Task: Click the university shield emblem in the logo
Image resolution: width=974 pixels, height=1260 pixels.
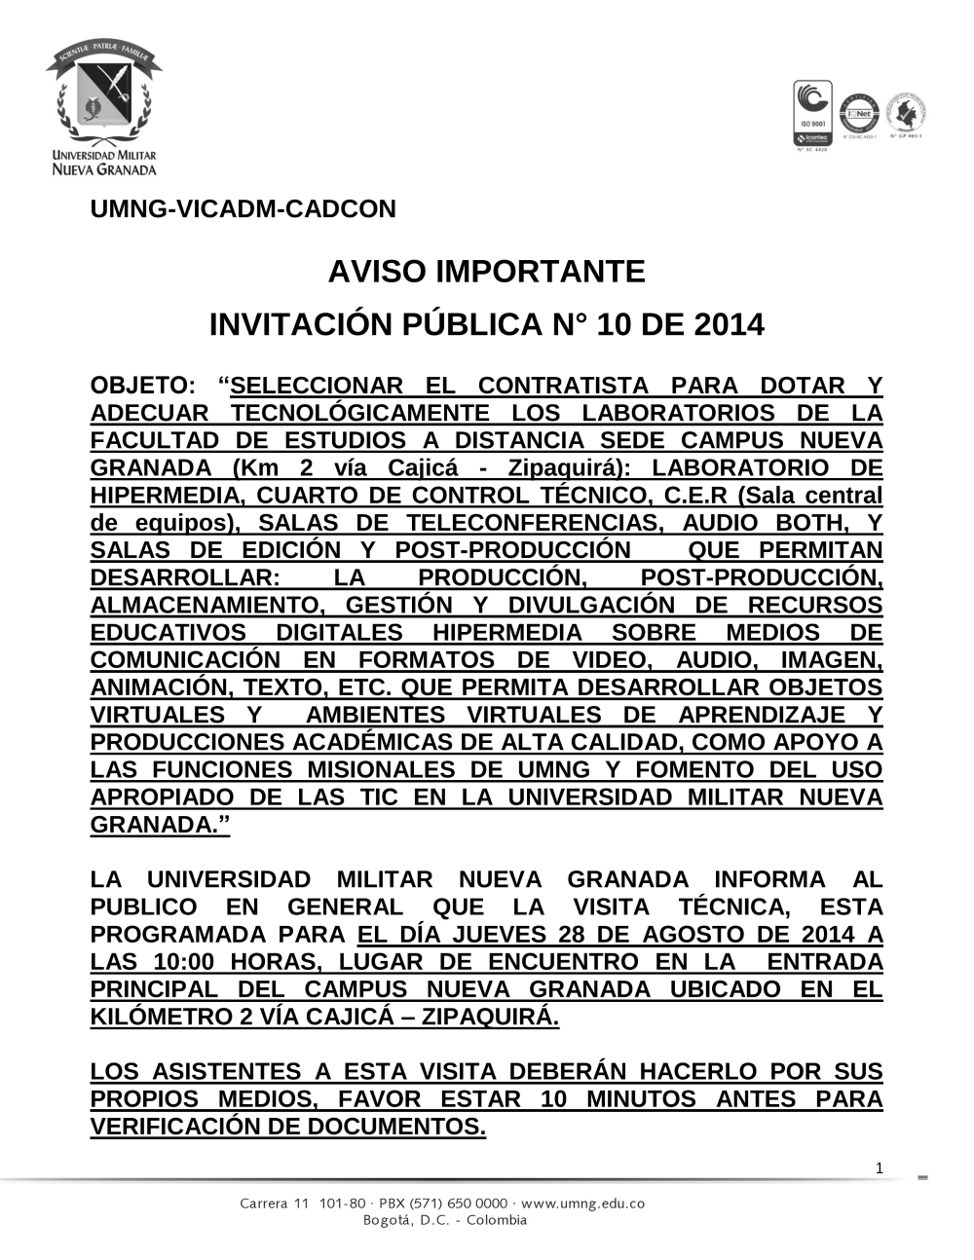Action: (103, 96)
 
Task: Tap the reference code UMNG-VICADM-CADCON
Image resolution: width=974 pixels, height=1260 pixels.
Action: (243, 209)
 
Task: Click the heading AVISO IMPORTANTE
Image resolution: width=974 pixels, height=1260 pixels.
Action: (486, 271)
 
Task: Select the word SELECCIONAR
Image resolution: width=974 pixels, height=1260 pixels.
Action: (317, 386)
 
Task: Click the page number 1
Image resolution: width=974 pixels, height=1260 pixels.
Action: (880, 1167)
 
